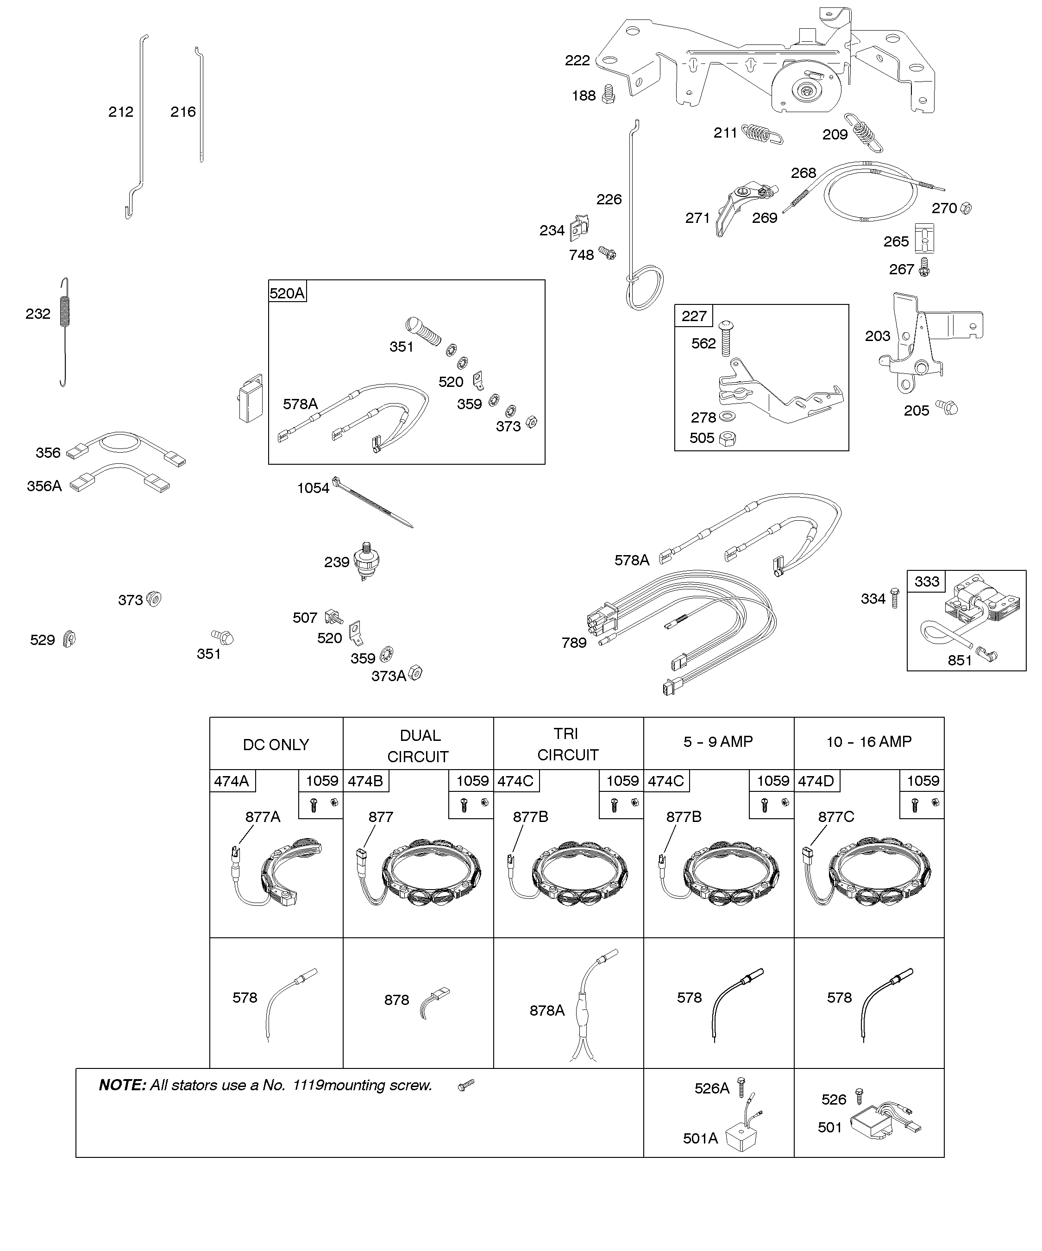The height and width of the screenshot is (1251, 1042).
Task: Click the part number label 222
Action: click(x=577, y=60)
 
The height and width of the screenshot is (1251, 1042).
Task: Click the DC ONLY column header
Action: click(x=276, y=745)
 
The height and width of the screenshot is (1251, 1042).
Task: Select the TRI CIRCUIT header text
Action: click(x=567, y=744)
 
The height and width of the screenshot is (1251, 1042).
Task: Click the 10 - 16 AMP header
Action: click(x=869, y=742)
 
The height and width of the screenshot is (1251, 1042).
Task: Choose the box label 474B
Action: click(x=365, y=781)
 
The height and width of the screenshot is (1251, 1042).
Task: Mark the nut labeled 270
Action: click(x=967, y=208)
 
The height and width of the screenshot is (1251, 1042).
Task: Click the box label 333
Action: click(x=927, y=581)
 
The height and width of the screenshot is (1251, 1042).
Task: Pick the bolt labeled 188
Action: click(x=608, y=94)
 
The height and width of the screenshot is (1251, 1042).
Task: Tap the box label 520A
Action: click(x=287, y=293)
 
